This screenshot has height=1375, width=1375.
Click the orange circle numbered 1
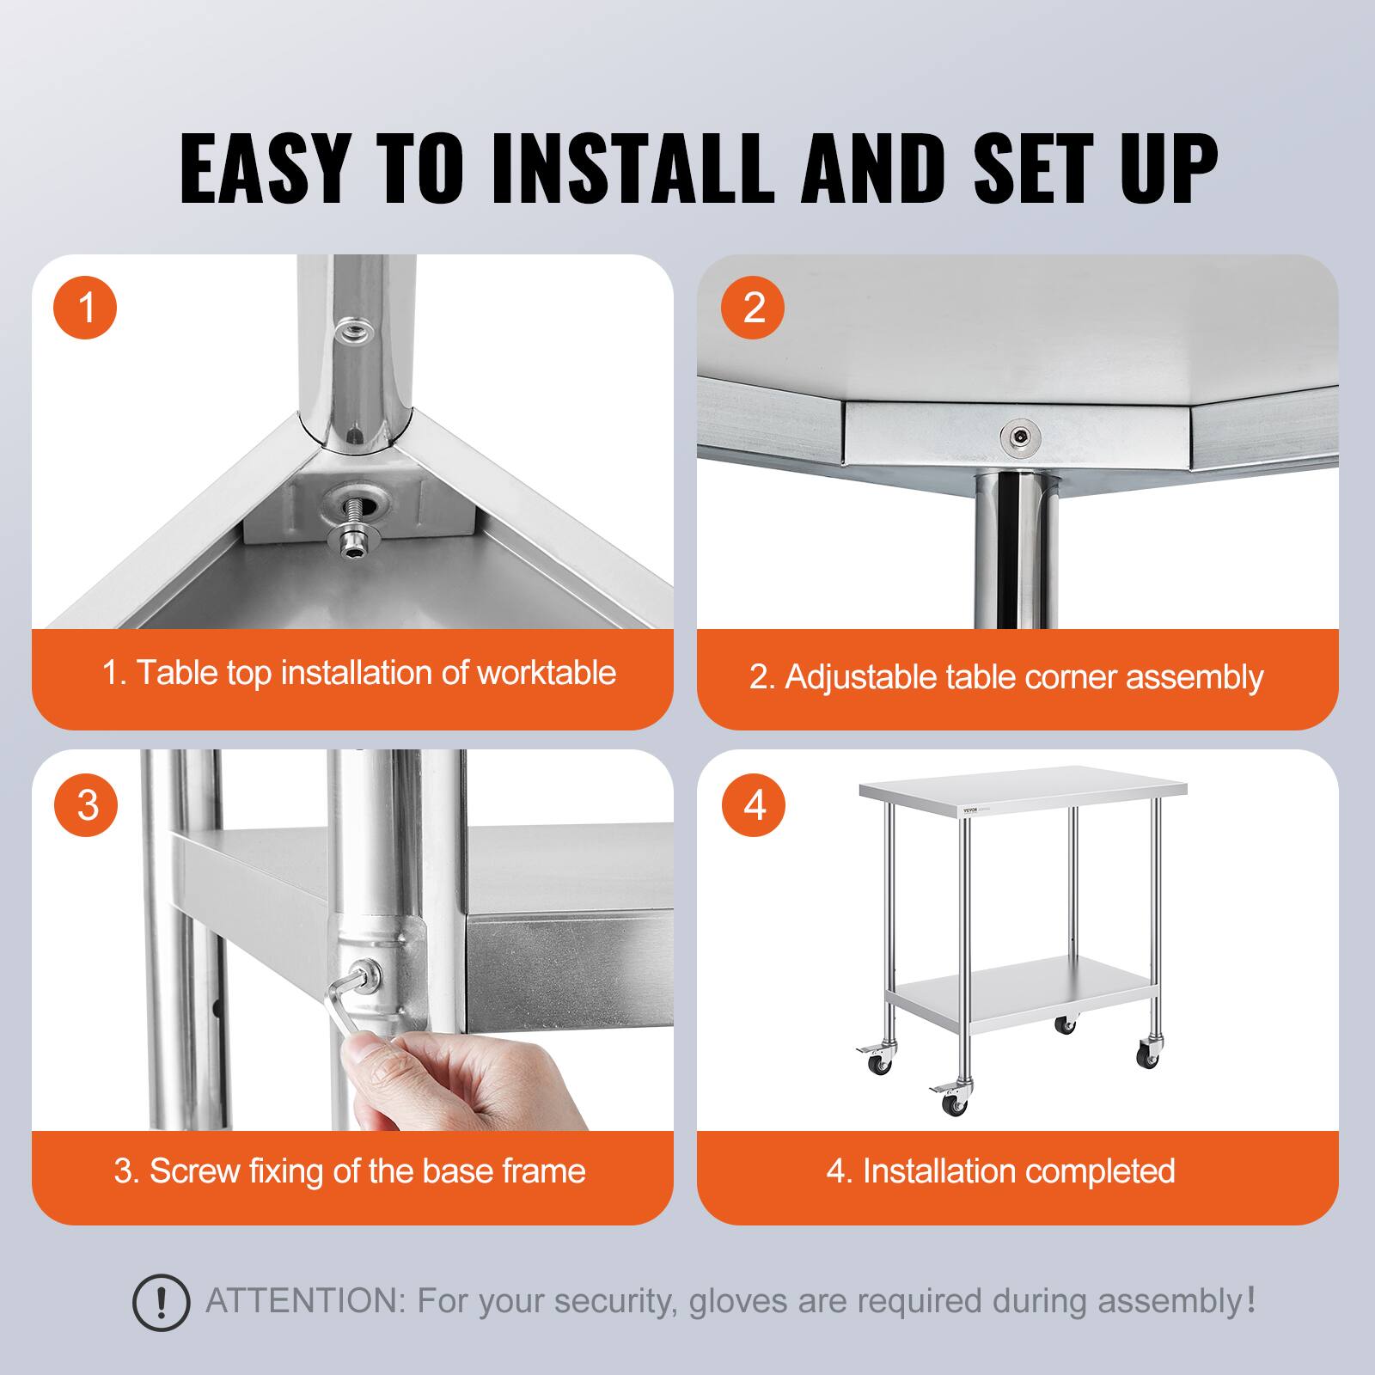pyautogui.click(x=86, y=307)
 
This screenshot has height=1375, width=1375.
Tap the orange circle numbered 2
pyautogui.click(x=753, y=307)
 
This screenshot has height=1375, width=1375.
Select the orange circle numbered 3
pyautogui.click(x=86, y=805)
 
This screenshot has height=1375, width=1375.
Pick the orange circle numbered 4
pyautogui.click(x=753, y=805)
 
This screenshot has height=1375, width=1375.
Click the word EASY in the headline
pyautogui.click(x=262, y=169)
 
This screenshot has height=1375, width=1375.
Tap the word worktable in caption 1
pyautogui.click(x=547, y=673)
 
